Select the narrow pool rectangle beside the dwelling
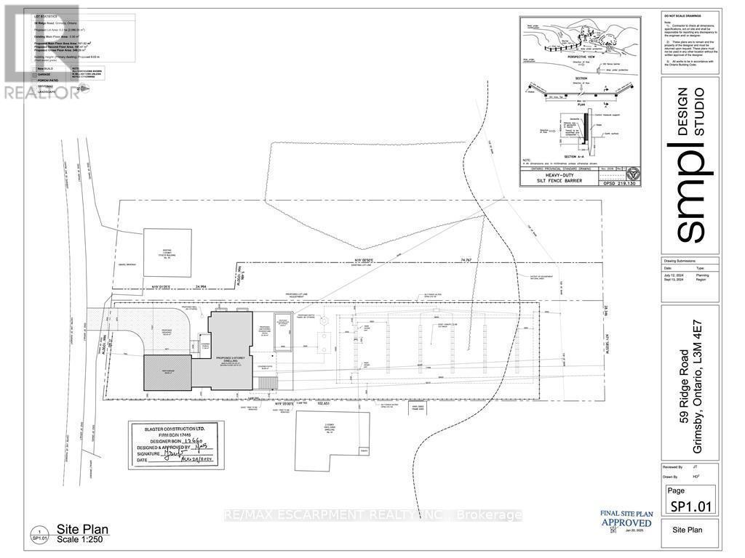(x=281, y=333)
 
